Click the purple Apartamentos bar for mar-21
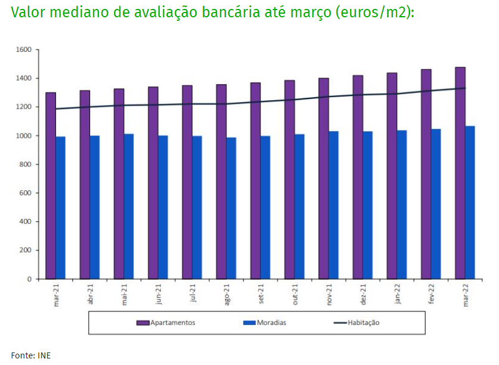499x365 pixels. tap(51, 185)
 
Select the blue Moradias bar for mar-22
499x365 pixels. tap(470, 202)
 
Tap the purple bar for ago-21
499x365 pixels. tap(221, 181)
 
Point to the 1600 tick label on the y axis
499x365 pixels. tap(23, 50)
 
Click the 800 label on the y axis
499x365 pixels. tap(26, 164)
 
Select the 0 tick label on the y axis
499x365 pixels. tap(30, 279)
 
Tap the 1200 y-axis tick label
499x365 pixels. tap(23, 107)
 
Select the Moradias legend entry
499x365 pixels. tap(265, 323)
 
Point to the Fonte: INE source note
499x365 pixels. tap(31, 355)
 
